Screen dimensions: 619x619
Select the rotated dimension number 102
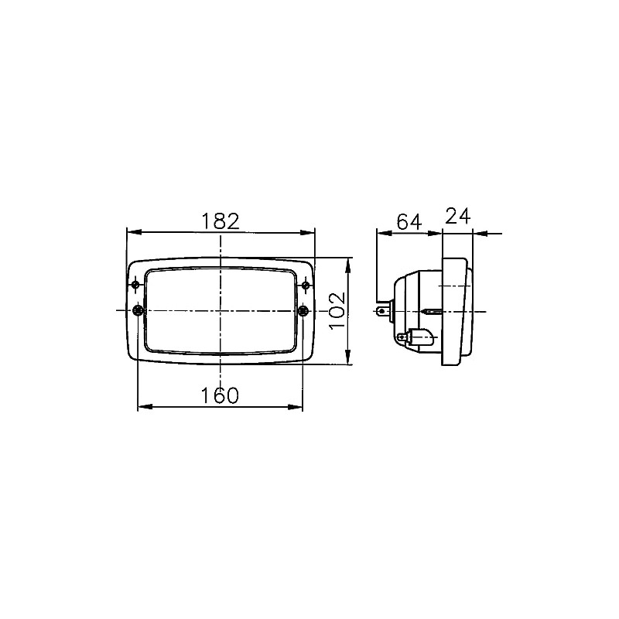tap(337, 311)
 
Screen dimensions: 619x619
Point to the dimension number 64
tap(408, 222)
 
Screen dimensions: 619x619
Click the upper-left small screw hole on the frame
tap(137, 287)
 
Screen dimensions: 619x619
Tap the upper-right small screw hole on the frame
tap(306, 287)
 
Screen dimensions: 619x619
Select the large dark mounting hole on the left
tap(138, 311)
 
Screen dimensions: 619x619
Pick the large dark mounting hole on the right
tap(304, 311)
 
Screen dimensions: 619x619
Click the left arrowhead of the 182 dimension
tap(131, 231)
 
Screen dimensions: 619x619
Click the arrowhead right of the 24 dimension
tap(478, 231)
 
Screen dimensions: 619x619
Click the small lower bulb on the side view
tap(416, 337)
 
